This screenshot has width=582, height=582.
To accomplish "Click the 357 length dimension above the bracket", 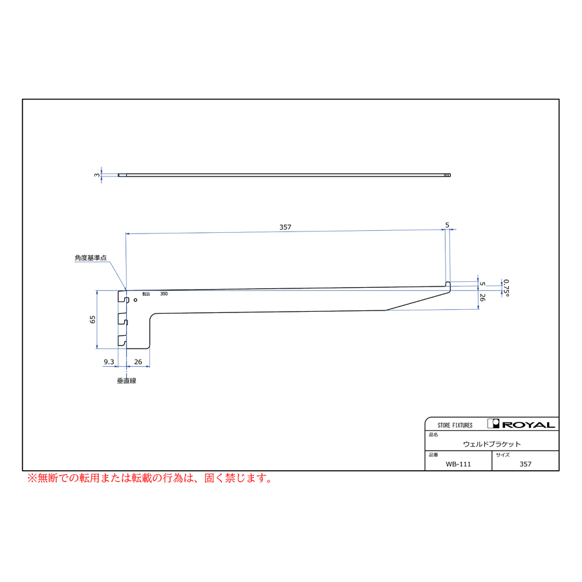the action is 285,227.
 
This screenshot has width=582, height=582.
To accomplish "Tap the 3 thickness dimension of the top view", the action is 97,175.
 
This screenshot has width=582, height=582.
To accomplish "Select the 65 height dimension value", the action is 92,319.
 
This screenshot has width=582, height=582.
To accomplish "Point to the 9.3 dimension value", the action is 109,362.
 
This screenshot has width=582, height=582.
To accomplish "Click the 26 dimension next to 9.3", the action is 138,362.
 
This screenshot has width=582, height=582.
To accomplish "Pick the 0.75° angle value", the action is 506,288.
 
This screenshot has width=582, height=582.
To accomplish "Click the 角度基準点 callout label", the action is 91,257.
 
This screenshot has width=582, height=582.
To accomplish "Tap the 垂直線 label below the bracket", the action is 127,381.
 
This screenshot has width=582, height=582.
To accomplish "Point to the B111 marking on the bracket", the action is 146,294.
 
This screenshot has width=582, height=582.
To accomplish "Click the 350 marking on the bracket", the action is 164,294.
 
